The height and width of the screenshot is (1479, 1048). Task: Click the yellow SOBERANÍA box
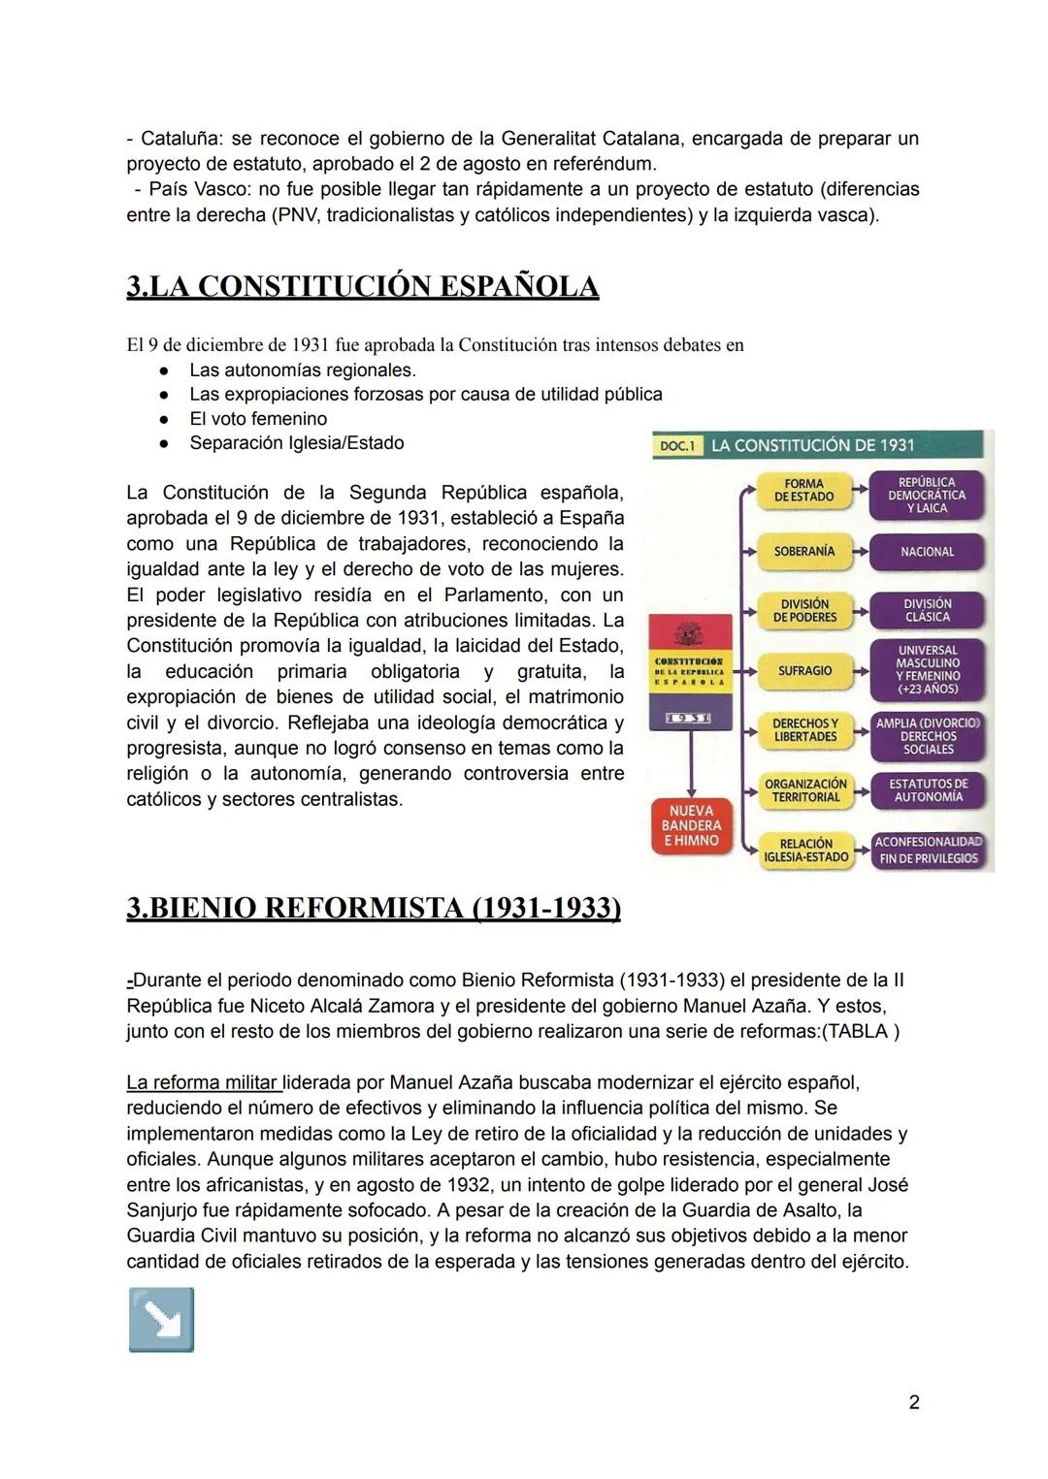point(804,551)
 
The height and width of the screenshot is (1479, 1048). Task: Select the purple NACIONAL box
point(927,552)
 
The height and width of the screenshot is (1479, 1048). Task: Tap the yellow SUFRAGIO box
point(804,670)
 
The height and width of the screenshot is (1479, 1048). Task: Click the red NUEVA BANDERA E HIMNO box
point(691,825)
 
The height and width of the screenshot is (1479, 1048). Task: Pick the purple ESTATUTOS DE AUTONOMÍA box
point(928,789)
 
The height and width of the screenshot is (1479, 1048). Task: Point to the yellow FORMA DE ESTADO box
point(803,490)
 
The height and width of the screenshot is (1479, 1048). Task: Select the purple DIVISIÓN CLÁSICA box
point(927,610)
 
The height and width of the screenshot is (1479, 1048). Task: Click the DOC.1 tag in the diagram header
point(677,445)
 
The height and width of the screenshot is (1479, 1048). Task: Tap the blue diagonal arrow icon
point(161,1319)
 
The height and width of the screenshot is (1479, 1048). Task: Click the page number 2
point(913,1401)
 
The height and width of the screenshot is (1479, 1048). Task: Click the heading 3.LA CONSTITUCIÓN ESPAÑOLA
point(362,287)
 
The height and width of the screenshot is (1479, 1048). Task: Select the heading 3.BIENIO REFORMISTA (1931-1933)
point(373,908)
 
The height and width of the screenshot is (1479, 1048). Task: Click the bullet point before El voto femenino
point(166,419)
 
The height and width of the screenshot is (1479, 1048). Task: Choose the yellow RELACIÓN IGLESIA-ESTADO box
point(804,851)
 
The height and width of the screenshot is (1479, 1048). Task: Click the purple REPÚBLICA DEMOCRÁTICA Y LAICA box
point(927,495)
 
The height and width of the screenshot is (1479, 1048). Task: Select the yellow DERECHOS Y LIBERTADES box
point(804,730)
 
